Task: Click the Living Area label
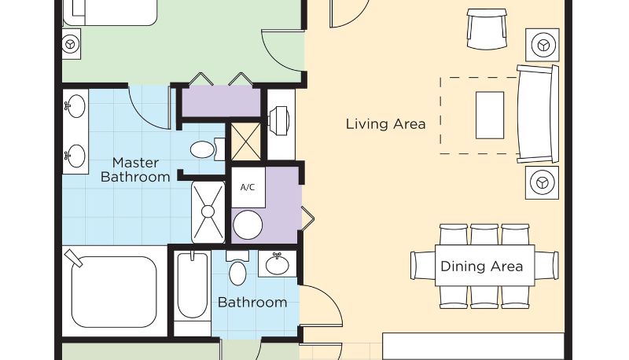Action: pos(385,124)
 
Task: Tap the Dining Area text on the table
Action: pos(481,266)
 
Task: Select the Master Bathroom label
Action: pos(135,170)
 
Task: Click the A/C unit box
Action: pos(248,187)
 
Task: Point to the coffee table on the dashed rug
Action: pos(490,115)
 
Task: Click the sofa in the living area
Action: pos(538,113)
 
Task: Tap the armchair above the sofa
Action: pos(487,29)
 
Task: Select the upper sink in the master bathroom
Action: pos(75,105)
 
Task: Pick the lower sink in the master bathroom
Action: pos(75,156)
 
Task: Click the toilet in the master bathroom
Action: pos(207,149)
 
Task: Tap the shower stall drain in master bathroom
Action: pos(208,211)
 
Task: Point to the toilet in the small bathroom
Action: pos(237,268)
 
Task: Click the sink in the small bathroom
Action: pos(278,264)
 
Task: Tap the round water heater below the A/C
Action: pos(248,225)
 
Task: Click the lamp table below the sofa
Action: pos(543,183)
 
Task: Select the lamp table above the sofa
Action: pos(543,45)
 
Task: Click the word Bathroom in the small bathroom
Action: pos(252,303)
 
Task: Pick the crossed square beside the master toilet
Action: pos(246,142)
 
